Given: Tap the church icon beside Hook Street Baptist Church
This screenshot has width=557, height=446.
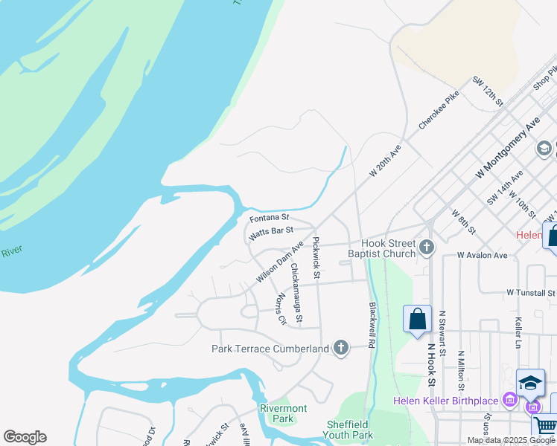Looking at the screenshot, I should (427, 248).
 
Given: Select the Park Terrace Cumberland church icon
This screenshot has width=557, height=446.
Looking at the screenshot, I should (340, 348).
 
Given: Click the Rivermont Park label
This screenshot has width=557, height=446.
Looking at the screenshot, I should (283, 413).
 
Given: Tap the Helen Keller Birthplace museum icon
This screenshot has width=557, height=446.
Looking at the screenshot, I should (510, 401).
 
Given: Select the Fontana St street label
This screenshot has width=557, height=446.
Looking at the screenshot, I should (269, 218).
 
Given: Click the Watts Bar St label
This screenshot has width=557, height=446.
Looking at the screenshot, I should (272, 233).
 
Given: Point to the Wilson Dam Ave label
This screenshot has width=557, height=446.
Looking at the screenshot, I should (280, 261).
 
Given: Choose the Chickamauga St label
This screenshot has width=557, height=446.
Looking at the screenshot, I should (296, 293).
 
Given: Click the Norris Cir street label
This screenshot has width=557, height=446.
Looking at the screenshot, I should (281, 308).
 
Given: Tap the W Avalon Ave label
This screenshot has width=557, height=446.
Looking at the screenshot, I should (482, 255).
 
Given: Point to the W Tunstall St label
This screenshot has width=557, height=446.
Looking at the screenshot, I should (531, 293).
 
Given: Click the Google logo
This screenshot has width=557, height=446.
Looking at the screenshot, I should (25, 437).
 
